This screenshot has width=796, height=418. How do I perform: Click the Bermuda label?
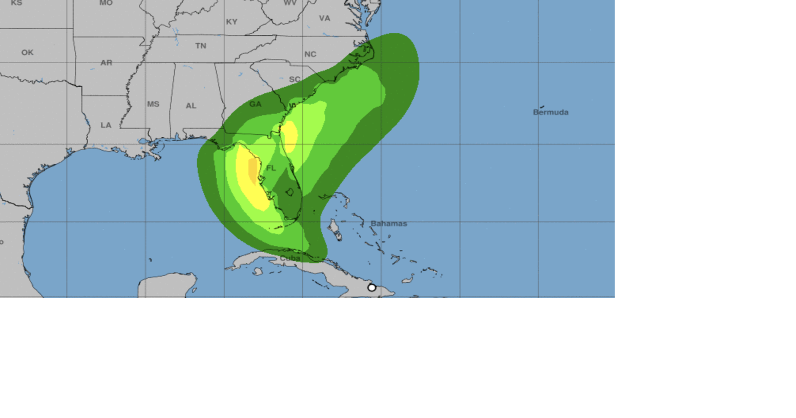point(551,112)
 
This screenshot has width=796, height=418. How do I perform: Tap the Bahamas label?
point(389,223)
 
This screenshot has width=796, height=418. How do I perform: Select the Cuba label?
point(290,258)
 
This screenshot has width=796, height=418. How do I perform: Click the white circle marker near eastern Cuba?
point(372,288)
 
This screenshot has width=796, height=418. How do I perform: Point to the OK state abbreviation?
point(27,52)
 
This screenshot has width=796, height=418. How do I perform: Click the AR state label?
point(106,62)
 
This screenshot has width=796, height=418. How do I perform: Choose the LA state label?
point(106,125)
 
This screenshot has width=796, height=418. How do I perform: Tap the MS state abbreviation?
point(153,104)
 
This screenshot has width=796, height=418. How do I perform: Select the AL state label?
point(191,106)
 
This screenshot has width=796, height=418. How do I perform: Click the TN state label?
point(201,46)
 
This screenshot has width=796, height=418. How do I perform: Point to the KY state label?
point(232,22)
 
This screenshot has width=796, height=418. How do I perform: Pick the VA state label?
point(325,18)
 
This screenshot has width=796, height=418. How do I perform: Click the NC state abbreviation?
point(310,54)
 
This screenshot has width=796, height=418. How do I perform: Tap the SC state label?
point(295,79)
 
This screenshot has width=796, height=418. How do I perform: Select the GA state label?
point(255,104)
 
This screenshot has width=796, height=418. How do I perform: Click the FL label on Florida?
point(271,168)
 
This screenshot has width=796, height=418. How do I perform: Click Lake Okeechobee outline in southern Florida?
point(289,193)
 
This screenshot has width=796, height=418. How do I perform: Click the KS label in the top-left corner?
point(16,3)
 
